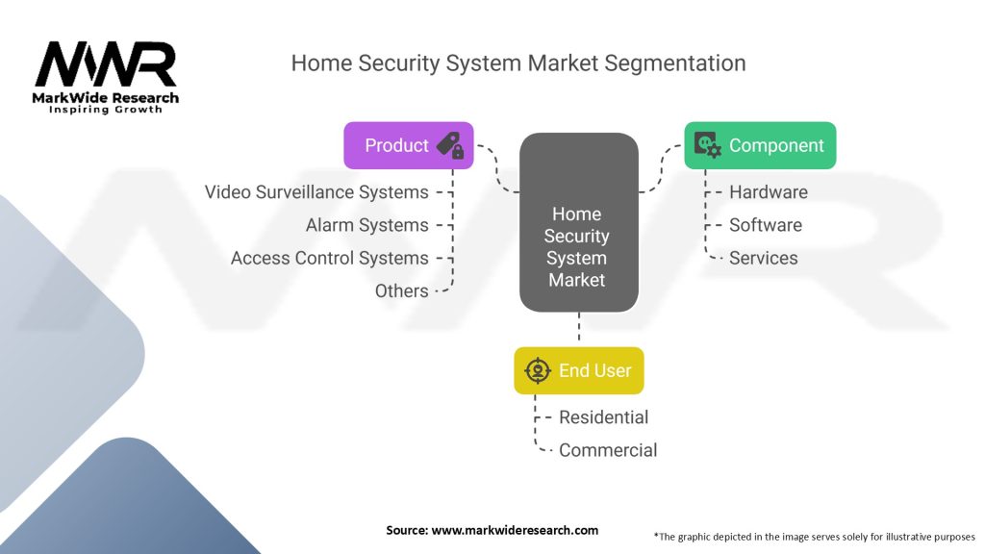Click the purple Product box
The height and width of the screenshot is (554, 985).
click(x=408, y=145)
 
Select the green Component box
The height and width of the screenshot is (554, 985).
click(x=760, y=145)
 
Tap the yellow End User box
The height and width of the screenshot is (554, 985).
click(x=578, y=370)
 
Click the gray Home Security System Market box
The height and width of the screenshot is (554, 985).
click(x=578, y=222)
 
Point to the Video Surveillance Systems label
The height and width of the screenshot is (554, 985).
click(x=316, y=192)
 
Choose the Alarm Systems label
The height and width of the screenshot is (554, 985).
click(x=366, y=225)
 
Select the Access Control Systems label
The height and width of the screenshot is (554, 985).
click(x=329, y=258)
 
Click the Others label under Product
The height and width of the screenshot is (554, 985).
click(x=401, y=290)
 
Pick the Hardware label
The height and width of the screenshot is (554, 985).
click(x=769, y=192)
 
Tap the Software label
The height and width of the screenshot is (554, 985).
click(x=765, y=225)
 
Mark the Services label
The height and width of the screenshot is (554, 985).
click(x=763, y=258)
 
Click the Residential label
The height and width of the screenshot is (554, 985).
click(x=603, y=417)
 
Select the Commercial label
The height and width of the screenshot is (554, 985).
click(x=608, y=450)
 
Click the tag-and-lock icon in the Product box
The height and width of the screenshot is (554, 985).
click(x=450, y=145)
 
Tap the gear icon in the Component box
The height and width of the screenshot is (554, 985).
click(x=707, y=145)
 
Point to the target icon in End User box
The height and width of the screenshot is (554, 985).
click(x=538, y=370)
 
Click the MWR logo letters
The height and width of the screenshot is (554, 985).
click(x=106, y=64)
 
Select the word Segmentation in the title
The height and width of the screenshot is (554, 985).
click(x=675, y=63)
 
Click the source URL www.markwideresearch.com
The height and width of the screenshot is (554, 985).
click(x=515, y=530)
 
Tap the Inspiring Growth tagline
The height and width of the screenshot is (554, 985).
click(x=106, y=110)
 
